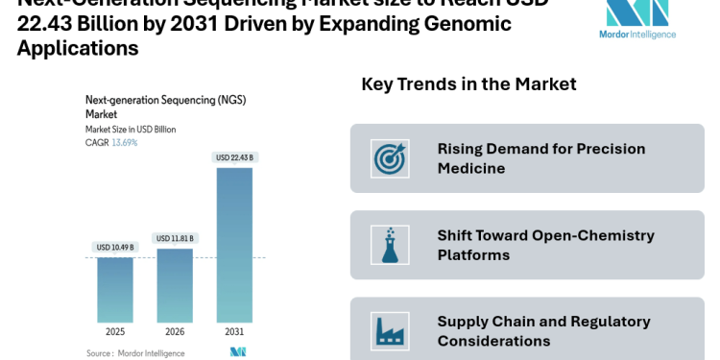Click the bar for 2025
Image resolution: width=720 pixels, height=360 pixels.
115,289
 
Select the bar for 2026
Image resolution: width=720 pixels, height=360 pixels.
175,285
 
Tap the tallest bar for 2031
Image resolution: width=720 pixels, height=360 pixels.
234,245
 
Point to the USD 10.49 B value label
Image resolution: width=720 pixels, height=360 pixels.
115,248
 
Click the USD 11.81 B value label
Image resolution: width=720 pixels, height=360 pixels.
175,238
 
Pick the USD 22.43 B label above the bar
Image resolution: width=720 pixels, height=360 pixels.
234,157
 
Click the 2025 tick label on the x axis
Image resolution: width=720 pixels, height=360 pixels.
115,332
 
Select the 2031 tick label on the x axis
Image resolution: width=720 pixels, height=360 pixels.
234,332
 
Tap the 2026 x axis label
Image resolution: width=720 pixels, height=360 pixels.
175,332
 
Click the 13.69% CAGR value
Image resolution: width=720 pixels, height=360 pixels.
125,142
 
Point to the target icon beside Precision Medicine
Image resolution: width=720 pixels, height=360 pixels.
390,158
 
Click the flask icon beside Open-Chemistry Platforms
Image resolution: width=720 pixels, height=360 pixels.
390,245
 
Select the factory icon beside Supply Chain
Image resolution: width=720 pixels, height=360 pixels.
390,330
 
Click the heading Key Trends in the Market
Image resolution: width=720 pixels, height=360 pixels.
468,84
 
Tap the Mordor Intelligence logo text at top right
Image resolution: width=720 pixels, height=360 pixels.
637,35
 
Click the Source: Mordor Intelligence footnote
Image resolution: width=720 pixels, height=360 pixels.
135,353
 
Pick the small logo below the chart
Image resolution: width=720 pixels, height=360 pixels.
238,352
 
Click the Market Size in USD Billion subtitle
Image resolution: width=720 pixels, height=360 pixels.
131,129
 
